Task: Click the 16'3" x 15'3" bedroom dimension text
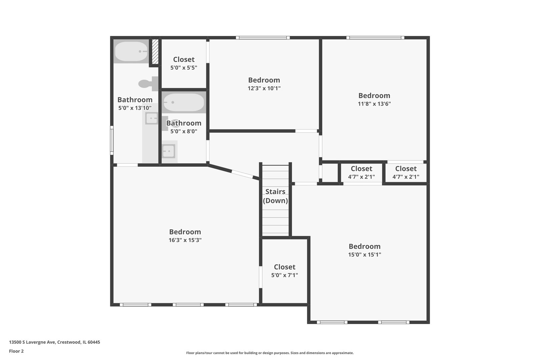click(185, 240)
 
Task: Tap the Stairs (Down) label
click(275, 196)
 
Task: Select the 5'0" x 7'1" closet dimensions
click(284, 275)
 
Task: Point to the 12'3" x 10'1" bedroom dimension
click(264, 88)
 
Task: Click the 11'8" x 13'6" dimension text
click(374, 104)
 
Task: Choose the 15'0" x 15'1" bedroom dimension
click(365, 255)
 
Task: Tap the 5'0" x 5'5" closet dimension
click(184, 68)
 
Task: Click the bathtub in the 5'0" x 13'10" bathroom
click(131, 51)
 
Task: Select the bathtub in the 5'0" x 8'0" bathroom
click(184, 102)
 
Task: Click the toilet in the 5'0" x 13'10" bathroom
click(148, 84)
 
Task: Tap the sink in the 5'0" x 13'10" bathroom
click(152, 118)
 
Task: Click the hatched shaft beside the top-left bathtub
click(155, 51)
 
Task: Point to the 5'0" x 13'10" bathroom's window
click(112, 140)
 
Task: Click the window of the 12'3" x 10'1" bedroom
click(263, 38)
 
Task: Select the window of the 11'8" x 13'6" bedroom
click(375, 38)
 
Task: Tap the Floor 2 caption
click(16, 351)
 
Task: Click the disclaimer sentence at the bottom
click(270, 353)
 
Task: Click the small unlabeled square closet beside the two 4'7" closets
click(330, 173)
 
